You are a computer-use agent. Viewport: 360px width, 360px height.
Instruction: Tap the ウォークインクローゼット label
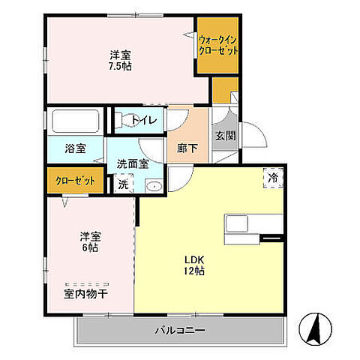pyautogui.click(x=218, y=45)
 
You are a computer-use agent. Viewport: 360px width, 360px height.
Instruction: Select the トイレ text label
pyautogui.click(x=143, y=120)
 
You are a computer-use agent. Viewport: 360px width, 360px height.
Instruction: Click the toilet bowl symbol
pyautogui.click(x=124, y=119)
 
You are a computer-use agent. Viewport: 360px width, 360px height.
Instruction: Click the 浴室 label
pyautogui.click(x=75, y=148)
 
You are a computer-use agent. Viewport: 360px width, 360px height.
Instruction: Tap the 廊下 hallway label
pyautogui.click(x=188, y=148)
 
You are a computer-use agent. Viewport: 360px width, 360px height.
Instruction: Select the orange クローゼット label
pyautogui.click(x=75, y=181)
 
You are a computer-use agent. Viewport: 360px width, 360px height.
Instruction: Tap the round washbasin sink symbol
pyautogui.click(x=154, y=187)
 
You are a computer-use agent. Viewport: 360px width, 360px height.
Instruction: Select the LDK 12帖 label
pyautogui.click(x=196, y=266)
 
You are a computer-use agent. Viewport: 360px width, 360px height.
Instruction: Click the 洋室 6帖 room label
pyautogui.click(x=90, y=243)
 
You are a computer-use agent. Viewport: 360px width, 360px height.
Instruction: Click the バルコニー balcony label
pyautogui.click(x=180, y=329)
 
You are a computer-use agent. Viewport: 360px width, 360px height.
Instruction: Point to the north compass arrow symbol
pyautogui.click(x=317, y=328)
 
